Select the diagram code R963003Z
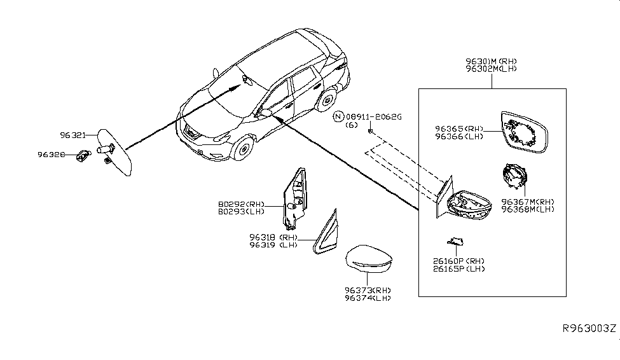coord(588,329)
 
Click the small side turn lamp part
coord(455,241)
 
